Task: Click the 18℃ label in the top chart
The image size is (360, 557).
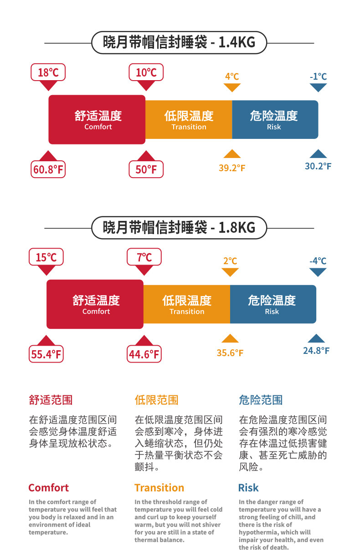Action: [x=48, y=72]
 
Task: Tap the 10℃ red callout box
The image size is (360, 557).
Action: [x=146, y=72]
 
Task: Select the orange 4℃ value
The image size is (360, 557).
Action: [x=232, y=76]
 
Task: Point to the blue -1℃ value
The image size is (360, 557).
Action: [x=318, y=77]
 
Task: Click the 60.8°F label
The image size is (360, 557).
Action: [x=48, y=170]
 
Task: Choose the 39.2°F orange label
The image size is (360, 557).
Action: [x=232, y=168]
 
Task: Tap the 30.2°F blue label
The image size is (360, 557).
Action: [x=318, y=166]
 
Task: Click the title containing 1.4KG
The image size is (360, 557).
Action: [x=179, y=43]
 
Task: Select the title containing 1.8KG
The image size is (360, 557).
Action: [x=179, y=227]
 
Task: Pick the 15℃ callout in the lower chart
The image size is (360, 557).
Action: [x=46, y=257]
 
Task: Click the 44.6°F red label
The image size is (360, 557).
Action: [x=144, y=354]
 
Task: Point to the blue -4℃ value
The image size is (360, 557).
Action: [x=318, y=261]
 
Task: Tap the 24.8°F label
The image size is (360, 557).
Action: [x=316, y=351]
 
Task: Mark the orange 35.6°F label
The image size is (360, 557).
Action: [x=230, y=353]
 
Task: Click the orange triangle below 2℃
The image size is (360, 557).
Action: [x=230, y=272]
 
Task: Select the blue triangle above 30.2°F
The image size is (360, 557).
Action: [x=318, y=154]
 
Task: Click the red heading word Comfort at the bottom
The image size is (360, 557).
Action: [x=48, y=488]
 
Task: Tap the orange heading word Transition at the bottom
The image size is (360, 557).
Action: [x=159, y=488]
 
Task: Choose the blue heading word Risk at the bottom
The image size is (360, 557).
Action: [x=248, y=488]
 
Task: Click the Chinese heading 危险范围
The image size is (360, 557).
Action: [x=261, y=400]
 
